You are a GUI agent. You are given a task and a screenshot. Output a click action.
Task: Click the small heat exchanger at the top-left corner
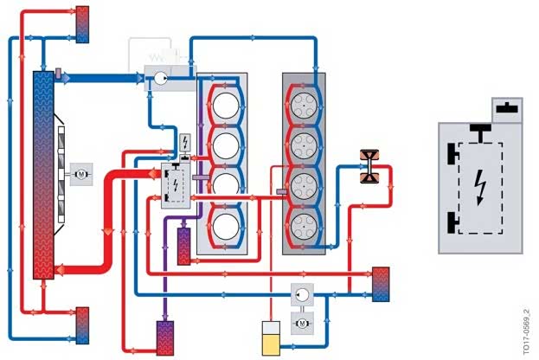83,23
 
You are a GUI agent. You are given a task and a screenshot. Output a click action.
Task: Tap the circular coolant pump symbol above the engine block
159,78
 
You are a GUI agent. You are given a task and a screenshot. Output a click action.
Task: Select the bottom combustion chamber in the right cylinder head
305,227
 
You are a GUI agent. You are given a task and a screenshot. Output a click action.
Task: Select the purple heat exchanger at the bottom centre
165,335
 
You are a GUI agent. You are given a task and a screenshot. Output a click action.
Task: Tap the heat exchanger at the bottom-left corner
82,322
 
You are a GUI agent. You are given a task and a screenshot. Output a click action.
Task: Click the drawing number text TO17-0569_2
526,329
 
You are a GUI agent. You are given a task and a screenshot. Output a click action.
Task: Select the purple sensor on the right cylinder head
280,191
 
